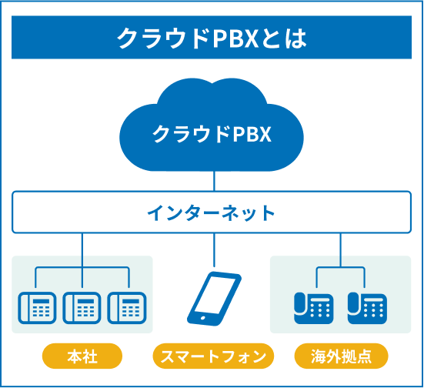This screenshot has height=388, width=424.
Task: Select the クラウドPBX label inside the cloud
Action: pyautogui.click(x=212, y=134)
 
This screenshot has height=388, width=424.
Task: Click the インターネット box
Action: pyautogui.click(x=212, y=213)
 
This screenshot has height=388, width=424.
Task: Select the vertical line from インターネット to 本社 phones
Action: pyautogui.click(x=81, y=250)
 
